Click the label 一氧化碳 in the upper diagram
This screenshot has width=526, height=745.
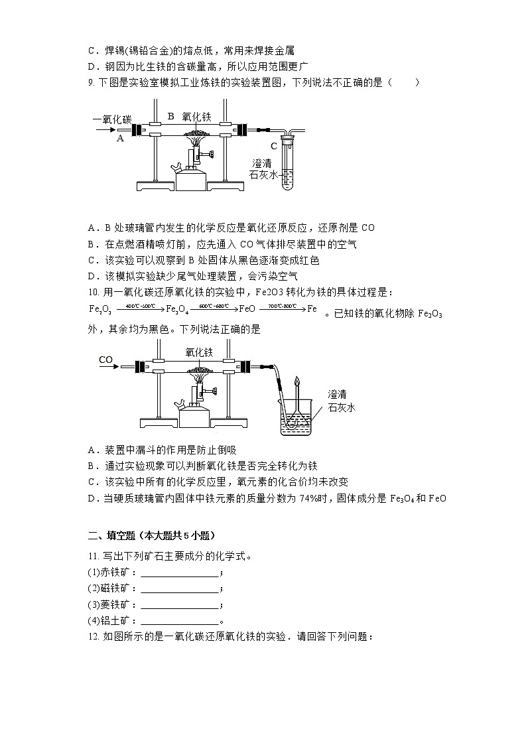[112, 119]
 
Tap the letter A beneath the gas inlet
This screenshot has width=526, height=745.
[120, 139]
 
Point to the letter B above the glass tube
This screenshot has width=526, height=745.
[170, 116]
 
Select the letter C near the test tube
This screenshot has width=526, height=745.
[273, 146]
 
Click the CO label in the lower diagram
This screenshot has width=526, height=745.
[105, 360]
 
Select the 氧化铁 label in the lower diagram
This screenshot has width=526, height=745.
[198, 352]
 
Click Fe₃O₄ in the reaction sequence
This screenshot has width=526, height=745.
[176, 308]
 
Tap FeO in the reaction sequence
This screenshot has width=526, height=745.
[247, 308]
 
